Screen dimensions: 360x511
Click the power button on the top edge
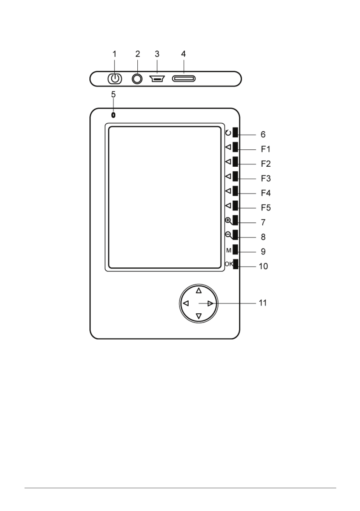click(115, 79)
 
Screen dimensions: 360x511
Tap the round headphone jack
click(137, 79)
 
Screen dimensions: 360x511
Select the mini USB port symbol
click(157, 79)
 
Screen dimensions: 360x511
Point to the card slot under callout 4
click(184, 79)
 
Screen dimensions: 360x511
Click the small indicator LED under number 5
click(113, 115)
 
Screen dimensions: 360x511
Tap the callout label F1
click(266, 149)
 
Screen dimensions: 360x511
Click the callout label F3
click(266, 178)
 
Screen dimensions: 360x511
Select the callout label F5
click(266, 207)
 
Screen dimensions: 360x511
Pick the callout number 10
click(263, 266)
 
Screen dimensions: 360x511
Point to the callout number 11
click(263, 303)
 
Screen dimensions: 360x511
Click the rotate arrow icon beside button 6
click(228, 132)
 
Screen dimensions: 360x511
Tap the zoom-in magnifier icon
click(229, 221)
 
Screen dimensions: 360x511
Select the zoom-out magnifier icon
click(229, 235)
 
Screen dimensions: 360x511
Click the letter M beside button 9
click(229, 250)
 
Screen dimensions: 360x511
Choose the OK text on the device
click(229, 264)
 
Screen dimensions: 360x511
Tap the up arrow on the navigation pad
click(199, 290)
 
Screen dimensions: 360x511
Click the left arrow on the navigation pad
click(186, 303)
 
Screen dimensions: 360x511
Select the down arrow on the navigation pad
click(199, 316)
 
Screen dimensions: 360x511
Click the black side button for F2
click(235, 161)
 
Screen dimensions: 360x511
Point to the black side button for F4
click(235, 191)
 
